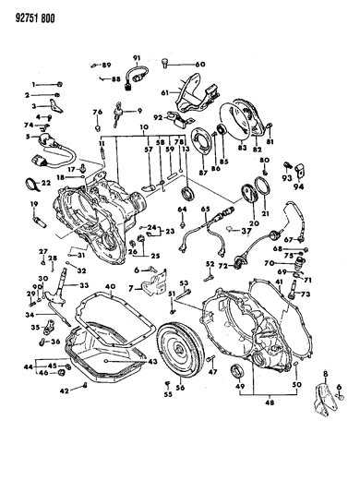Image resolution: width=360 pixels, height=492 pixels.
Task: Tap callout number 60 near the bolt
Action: pos(200,64)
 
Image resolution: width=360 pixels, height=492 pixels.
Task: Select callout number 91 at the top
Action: pos(135,58)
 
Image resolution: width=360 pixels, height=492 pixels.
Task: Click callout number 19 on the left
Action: pos(35,204)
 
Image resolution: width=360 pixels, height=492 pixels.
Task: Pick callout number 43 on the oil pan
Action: pos(151,362)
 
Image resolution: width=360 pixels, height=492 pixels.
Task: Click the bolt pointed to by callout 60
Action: pos(166,63)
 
